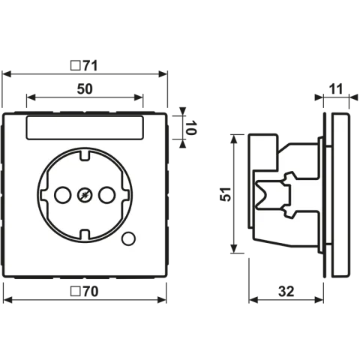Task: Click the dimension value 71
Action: click(90, 66)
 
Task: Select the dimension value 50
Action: click(85, 89)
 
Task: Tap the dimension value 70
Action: click(91, 292)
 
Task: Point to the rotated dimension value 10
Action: click(191, 127)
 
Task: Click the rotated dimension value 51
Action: click(225, 194)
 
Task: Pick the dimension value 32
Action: click(286, 292)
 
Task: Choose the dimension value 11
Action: click(336, 89)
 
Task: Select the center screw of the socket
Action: click(85, 195)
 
